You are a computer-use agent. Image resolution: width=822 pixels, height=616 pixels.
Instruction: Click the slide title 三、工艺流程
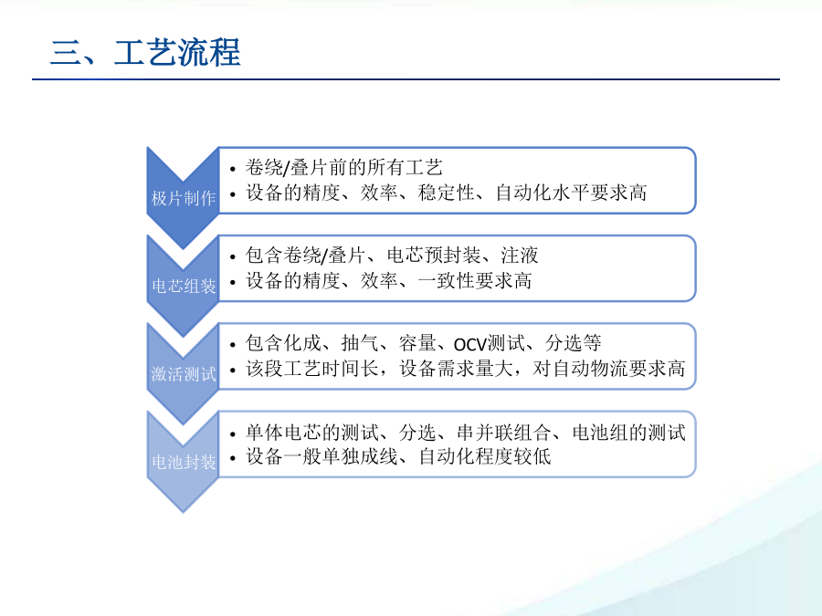click(145, 52)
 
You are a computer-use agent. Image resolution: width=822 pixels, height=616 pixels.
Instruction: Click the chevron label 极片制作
click(184, 199)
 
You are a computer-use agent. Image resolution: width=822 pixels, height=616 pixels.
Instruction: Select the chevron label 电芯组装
click(184, 287)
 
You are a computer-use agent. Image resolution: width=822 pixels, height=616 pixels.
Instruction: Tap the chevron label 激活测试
click(184, 374)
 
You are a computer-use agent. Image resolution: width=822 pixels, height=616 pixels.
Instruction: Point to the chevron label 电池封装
click(184, 463)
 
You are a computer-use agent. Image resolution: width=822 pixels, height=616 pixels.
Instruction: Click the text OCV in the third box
click(470, 345)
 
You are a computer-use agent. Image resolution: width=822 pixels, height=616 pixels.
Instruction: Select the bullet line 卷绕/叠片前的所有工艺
click(344, 168)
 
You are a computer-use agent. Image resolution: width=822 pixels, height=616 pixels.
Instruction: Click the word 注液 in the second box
click(520, 256)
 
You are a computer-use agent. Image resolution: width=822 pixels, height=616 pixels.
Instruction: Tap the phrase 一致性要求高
click(475, 281)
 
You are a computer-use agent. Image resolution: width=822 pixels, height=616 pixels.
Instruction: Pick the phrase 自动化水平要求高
click(572, 193)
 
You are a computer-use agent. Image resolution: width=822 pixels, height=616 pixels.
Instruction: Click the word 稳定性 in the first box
click(447, 193)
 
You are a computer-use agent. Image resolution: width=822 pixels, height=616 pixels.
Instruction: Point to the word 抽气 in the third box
click(360, 344)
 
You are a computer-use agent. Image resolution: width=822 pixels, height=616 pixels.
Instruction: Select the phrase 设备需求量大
click(456, 369)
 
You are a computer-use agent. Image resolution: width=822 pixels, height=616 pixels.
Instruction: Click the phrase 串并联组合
click(504, 433)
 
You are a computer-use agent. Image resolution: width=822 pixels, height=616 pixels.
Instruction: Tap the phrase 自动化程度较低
click(485, 457)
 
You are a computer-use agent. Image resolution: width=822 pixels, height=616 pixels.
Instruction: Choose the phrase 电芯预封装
click(434, 256)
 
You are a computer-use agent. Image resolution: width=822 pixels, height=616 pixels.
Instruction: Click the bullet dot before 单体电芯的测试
click(233, 434)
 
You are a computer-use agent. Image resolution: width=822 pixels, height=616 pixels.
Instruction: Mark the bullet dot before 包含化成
click(233, 345)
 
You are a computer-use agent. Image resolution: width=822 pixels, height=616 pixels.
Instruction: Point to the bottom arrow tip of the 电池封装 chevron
click(183, 512)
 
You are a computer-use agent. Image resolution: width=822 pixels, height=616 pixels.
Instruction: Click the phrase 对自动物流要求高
click(609, 369)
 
